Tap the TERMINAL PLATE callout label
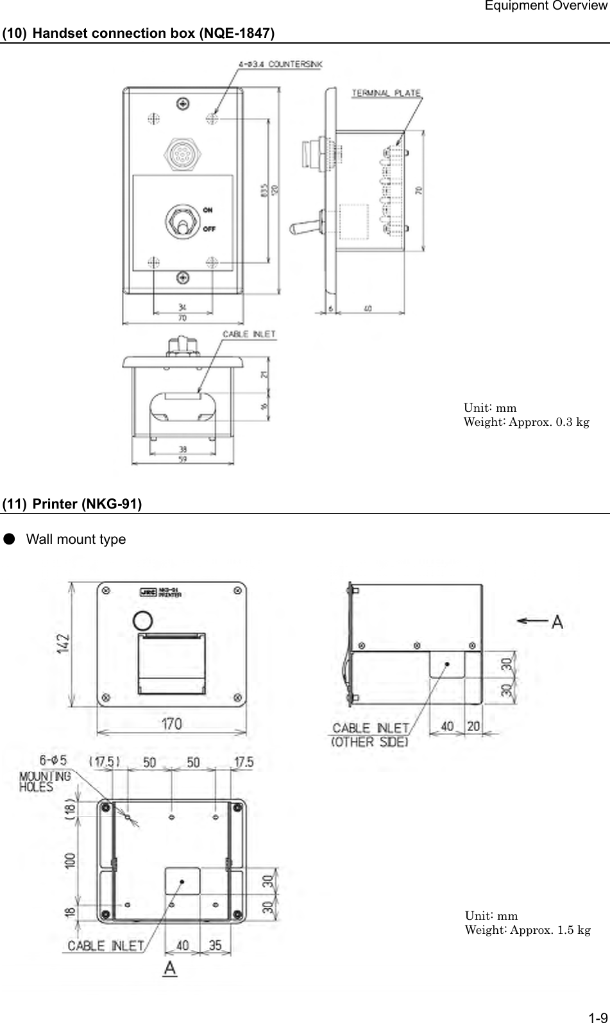(385, 93)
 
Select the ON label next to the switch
(208, 210)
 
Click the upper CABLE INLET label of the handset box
(248, 334)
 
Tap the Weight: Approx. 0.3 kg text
(526, 422)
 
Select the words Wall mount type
(76, 539)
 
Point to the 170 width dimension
(171, 724)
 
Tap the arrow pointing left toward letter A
(530, 620)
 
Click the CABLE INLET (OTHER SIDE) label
(370, 735)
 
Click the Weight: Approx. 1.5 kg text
(527, 930)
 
